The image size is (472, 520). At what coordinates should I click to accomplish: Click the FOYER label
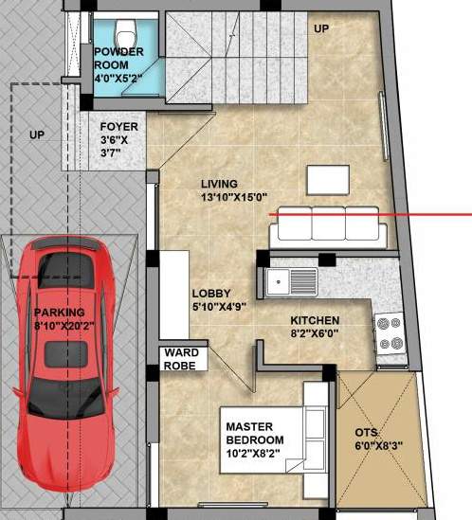(119, 125)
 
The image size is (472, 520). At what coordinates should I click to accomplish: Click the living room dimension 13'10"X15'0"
(233, 197)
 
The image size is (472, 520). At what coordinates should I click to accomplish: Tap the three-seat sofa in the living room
(324, 224)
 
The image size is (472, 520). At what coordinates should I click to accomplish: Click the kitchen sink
(292, 280)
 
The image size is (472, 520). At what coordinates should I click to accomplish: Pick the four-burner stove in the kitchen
(390, 332)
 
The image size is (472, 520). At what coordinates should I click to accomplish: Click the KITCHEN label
(315, 319)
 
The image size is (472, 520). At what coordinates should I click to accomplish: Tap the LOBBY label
(211, 294)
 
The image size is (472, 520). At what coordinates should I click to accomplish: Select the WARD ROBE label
(179, 358)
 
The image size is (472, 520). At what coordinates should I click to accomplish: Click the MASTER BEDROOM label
(254, 434)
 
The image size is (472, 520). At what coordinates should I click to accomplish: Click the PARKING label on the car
(60, 313)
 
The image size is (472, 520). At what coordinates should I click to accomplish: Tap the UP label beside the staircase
(321, 28)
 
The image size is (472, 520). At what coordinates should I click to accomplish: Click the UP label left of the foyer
(37, 135)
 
